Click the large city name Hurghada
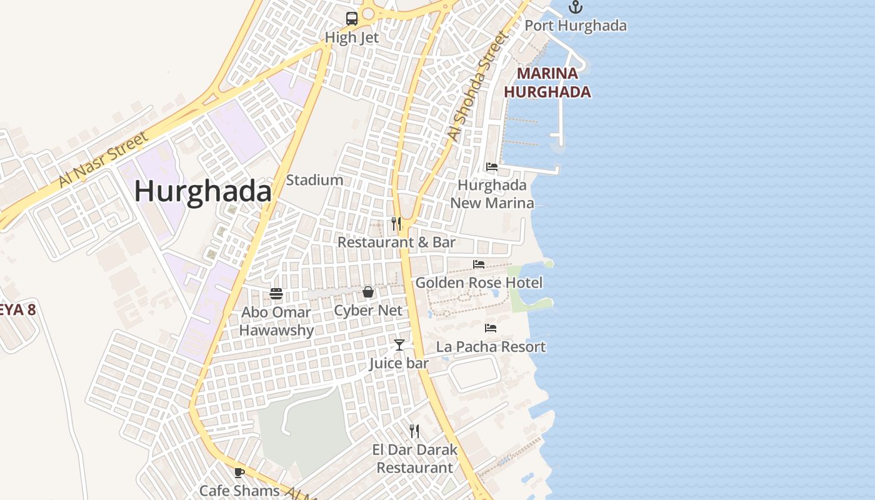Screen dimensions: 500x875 coord(203,191)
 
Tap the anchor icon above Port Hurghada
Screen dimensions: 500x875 coord(575,7)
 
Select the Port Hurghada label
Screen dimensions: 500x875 coord(575,26)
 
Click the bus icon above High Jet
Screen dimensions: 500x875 coord(352,19)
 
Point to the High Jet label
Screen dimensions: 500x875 coord(352,37)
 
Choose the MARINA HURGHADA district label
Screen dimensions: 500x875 coord(547,82)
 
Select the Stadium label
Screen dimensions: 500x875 coord(314,180)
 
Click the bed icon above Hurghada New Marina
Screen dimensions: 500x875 coord(492,167)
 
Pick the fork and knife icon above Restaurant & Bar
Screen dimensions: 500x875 coord(396,223)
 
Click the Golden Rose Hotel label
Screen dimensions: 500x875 coord(479,282)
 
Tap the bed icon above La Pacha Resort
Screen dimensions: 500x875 coord(491,327)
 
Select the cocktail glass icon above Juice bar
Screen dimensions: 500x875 coord(399,344)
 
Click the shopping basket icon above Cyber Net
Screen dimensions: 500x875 coord(368,292)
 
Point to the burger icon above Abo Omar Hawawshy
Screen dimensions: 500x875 coord(276,293)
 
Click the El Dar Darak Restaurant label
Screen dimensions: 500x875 coord(414,458)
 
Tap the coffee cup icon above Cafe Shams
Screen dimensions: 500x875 coord(239,472)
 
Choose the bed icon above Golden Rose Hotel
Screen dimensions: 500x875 coord(479,264)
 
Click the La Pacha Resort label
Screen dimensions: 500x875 coord(491,346)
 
